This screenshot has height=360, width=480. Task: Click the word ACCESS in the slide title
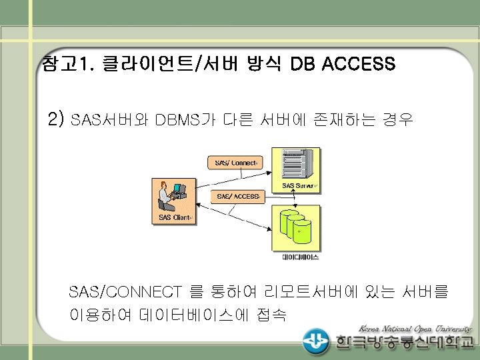358,65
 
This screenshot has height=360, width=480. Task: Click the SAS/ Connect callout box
237,163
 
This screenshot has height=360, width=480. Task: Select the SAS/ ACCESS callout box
238,196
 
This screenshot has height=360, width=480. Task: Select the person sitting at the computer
166,196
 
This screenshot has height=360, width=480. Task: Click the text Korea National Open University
415,328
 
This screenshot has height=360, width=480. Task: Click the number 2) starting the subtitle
56,120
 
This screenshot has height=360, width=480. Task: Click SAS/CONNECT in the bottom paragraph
125,292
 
